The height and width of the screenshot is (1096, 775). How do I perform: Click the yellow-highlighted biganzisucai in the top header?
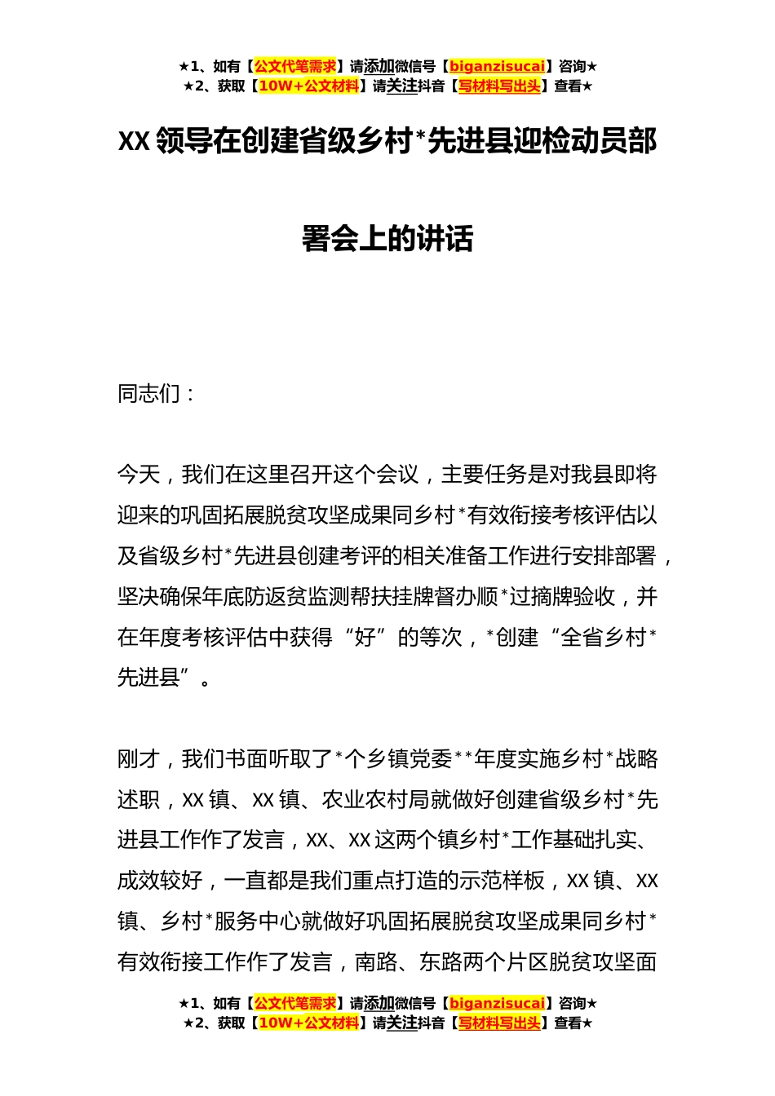497,66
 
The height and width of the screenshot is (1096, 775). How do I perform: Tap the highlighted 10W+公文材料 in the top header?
308,86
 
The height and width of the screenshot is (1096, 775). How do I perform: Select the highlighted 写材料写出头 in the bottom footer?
499,1023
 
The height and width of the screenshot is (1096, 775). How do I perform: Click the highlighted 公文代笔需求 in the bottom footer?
295,1004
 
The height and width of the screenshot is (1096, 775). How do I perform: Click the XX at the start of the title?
134,142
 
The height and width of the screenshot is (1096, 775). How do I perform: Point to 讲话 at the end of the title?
445,239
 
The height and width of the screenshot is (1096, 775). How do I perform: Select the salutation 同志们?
149,394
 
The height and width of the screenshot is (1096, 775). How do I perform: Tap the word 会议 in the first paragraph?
397,475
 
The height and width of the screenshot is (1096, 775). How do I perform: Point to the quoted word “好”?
365,637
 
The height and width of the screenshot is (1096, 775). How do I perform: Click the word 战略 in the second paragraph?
636,759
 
